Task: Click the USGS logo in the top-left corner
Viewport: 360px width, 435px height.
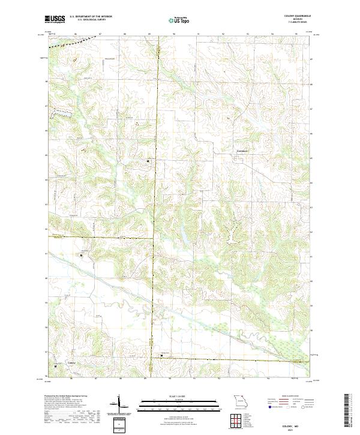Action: [55, 20]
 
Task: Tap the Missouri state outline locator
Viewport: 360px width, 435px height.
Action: [241, 401]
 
